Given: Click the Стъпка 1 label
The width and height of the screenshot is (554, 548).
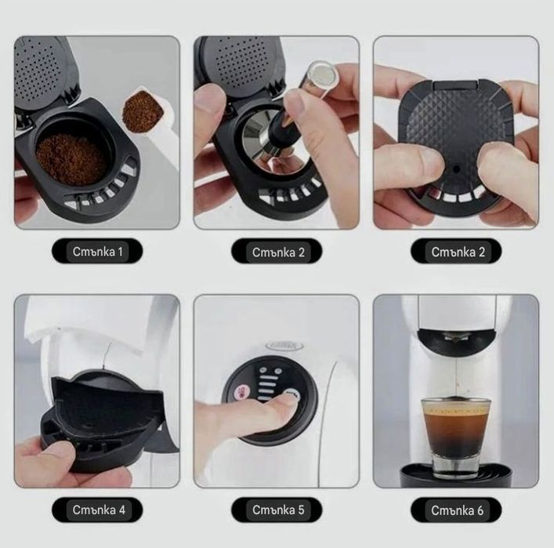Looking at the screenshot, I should coord(97,252).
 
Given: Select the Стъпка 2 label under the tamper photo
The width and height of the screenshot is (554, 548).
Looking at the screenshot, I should coord(277,252).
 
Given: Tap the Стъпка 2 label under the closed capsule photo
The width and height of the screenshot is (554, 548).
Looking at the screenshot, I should coord(455,252).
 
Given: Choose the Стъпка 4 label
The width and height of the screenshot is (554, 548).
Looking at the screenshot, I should coord(97,510).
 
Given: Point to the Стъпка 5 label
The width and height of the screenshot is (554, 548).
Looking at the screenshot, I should coord(277,510).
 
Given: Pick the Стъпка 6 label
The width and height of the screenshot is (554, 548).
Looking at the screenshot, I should coord(455,510).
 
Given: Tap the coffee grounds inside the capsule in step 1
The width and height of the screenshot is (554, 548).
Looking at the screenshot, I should coord(72,157).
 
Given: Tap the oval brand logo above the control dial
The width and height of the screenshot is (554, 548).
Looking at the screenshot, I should coord(280,343).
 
